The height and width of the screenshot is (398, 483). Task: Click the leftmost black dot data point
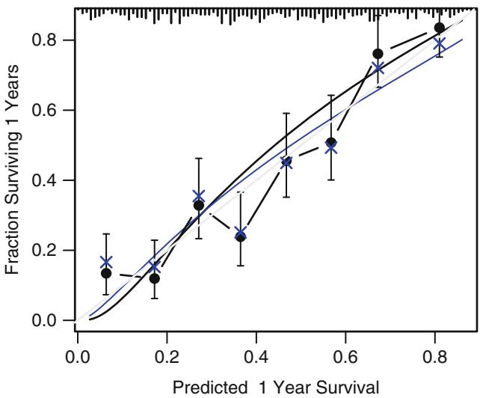(x=106, y=273)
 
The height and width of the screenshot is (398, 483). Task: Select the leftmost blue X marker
(x=106, y=263)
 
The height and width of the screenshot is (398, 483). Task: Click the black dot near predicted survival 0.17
(x=155, y=278)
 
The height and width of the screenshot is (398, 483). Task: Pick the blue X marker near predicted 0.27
(x=198, y=197)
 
